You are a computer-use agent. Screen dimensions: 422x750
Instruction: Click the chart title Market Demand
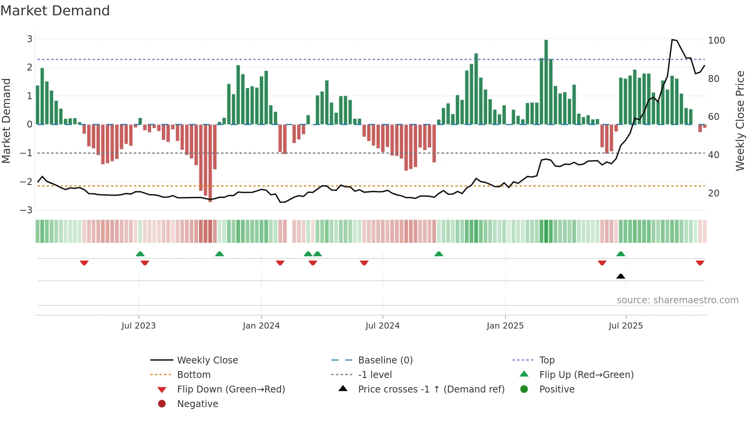tap(55, 11)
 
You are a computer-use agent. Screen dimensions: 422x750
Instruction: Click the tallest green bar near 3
tap(546, 82)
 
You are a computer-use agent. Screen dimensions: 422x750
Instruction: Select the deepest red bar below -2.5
tap(210, 163)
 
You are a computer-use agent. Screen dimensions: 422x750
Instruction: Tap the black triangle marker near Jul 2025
tap(621, 276)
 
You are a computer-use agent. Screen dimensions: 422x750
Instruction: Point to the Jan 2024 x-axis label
tap(261, 325)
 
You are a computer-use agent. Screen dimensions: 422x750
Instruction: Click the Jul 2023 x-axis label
tap(139, 325)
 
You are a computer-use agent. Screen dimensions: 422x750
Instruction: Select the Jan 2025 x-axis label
tap(505, 325)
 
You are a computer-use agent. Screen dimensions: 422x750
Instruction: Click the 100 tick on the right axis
tap(716, 40)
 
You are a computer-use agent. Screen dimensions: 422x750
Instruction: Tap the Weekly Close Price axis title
tap(740, 121)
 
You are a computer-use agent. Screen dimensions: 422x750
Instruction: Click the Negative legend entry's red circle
tap(162, 404)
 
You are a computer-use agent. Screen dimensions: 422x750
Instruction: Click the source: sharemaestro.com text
tap(677, 300)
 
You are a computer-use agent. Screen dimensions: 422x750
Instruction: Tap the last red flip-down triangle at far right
tap(700, 263)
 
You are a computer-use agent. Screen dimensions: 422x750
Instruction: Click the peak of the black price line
tap(672, 39)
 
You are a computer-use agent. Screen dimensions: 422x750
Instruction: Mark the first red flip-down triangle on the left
tap(84, 263)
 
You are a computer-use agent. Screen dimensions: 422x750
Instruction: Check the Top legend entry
tap(546, 360)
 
